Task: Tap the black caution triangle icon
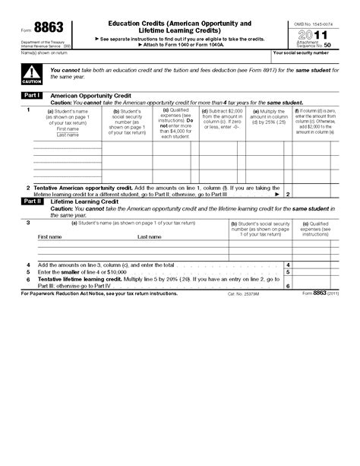[32, 73]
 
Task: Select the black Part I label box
[32, 95]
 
